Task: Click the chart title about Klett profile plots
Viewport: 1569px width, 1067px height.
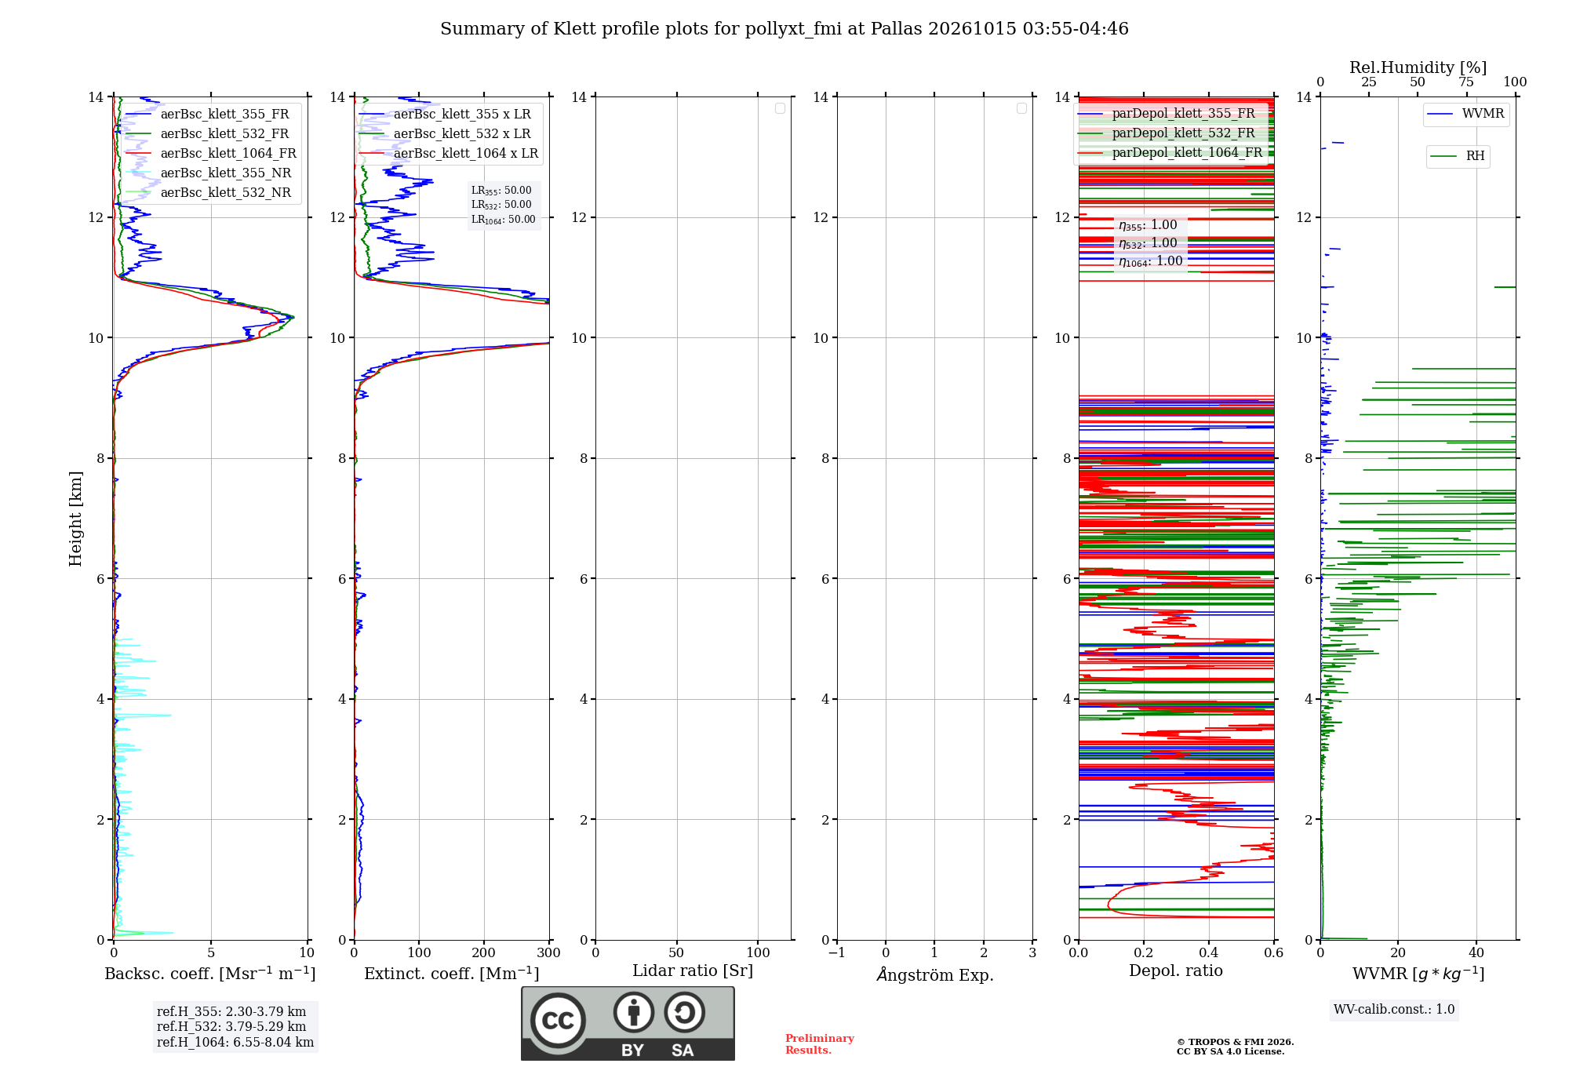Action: (784, 29)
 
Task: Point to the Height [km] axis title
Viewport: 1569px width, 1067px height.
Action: (75, 519)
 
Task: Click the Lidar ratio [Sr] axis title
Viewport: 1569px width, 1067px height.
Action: (693, 970)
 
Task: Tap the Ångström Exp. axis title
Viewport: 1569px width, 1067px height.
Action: (935, 974)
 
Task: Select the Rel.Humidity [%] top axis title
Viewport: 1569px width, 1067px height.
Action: (1418, 67)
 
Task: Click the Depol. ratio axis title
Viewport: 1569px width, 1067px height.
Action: (1176, 970)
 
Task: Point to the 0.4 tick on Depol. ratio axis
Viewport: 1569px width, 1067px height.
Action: (1209, 952)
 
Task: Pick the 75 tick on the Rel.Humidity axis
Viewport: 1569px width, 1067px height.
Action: (1466, 82)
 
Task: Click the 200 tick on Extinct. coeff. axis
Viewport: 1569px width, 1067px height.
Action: (484, 952)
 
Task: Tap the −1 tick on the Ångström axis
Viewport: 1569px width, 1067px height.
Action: (837, 952)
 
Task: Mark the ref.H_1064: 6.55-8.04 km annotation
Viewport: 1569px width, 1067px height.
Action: (235, 1042)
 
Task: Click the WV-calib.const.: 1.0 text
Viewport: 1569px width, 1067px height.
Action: (1394, 1009)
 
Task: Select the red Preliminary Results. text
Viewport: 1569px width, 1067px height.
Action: (820, 1044)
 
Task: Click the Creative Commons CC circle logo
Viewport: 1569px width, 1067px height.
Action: (558, 1021)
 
